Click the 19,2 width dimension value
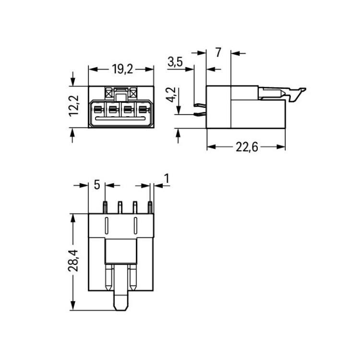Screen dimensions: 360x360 [x=122, y=69]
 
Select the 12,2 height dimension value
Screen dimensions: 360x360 [x=74, y=106]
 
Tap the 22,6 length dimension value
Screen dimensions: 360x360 [x=247, y=147]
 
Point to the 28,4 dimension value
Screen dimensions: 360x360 [x=73, y=261]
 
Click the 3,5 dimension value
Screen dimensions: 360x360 [x=175, y=62]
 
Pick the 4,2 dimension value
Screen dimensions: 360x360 [x=171, y=95]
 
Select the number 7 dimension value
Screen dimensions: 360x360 [x=218, y=53]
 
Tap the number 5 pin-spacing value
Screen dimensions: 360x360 [x=97, y=185]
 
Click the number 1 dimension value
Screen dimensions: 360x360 [x=167, y=179]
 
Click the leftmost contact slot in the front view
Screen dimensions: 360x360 [x=98, y=109]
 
